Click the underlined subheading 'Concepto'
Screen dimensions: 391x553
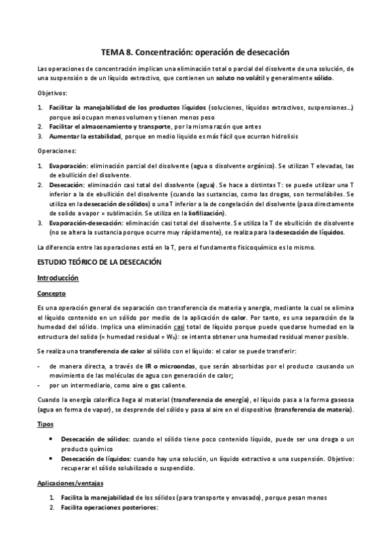tap(52, 293)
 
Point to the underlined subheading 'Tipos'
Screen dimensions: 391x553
tap(46, 424)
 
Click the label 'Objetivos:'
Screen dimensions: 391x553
tap(52, 93)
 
